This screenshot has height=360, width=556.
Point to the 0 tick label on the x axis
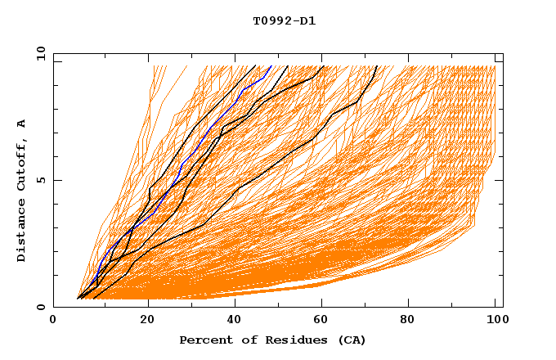click(53, 321)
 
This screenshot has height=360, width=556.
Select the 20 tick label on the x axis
click(148, 321)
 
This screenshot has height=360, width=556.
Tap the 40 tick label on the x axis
click(236, 321)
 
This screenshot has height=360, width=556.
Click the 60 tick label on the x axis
click(325, 321)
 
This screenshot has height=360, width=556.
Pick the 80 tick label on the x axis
click(413, 321)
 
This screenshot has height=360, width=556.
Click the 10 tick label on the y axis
click(41, 53)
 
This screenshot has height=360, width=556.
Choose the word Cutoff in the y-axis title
click(21, 164)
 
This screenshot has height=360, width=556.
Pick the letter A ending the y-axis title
click(21, 123)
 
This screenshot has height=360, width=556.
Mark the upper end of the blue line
click(271, 66)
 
